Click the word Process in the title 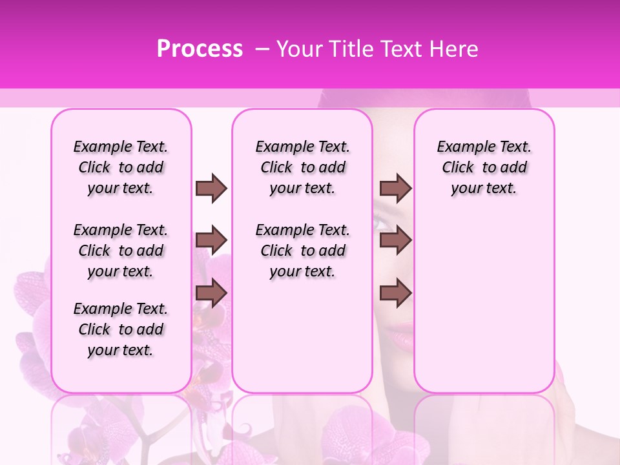pos(200,49)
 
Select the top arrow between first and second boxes pos(211,188)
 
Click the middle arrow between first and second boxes pos(211,240)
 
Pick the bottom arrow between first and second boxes pos(211,293)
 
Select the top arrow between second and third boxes pos(395,188)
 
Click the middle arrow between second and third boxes pos(395,240)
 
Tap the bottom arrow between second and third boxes pos(395,293)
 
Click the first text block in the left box pos(121,167)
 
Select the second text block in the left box pos(121,251)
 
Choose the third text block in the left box pos(121,329)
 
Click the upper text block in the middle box pos(302,167)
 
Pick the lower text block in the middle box pos(302,251)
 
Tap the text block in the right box pos(484,167)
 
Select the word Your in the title pos(296,49)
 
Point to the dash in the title pos(262,49)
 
